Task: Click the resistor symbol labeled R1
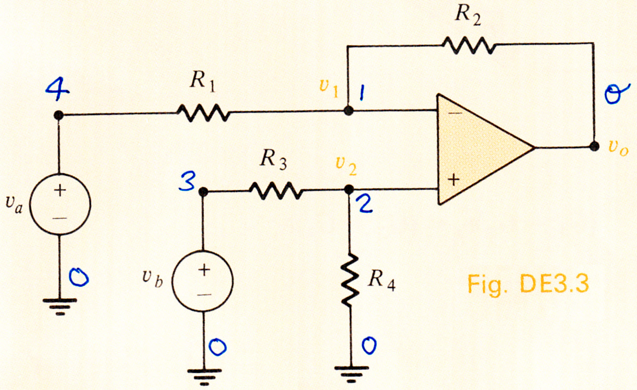coord(203,113)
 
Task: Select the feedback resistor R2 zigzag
coord(469,45)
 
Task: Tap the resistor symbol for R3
coord(276,191)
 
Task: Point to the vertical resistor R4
coord(350,281)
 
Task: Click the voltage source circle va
coord(60,204)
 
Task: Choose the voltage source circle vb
coord(203,281)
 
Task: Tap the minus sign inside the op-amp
coord(456,113)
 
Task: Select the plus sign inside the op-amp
coord(454,180)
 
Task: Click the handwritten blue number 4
coord(57,89)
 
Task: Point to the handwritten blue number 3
coord(187,180)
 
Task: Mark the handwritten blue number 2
coord(366,204)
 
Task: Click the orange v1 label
coord(329,88)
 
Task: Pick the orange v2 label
coord(346,166)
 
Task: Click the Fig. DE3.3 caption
coord(528,285)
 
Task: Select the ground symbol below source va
coord(60,307)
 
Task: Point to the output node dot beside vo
coord(594,147)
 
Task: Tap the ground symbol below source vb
coord(204,377)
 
